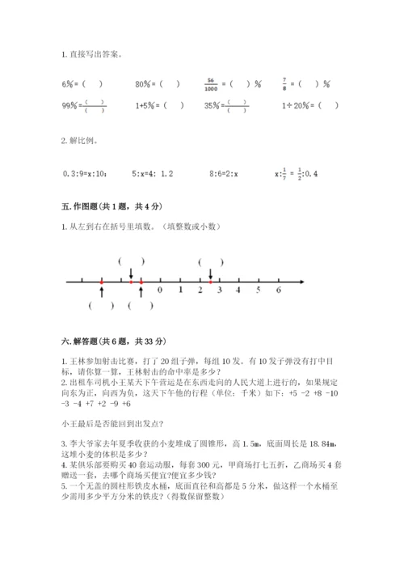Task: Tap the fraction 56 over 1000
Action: [x=211, y=83]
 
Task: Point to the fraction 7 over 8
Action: [x=284, y=83]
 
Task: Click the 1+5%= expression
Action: [x=159, y=105]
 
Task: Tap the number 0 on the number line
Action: [x=160, y=290]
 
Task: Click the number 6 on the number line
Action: [x=278, y=290]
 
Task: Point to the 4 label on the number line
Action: [x=238, y=290]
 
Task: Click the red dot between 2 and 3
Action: [x=209, y=282]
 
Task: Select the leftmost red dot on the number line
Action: [x=102, y=282]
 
